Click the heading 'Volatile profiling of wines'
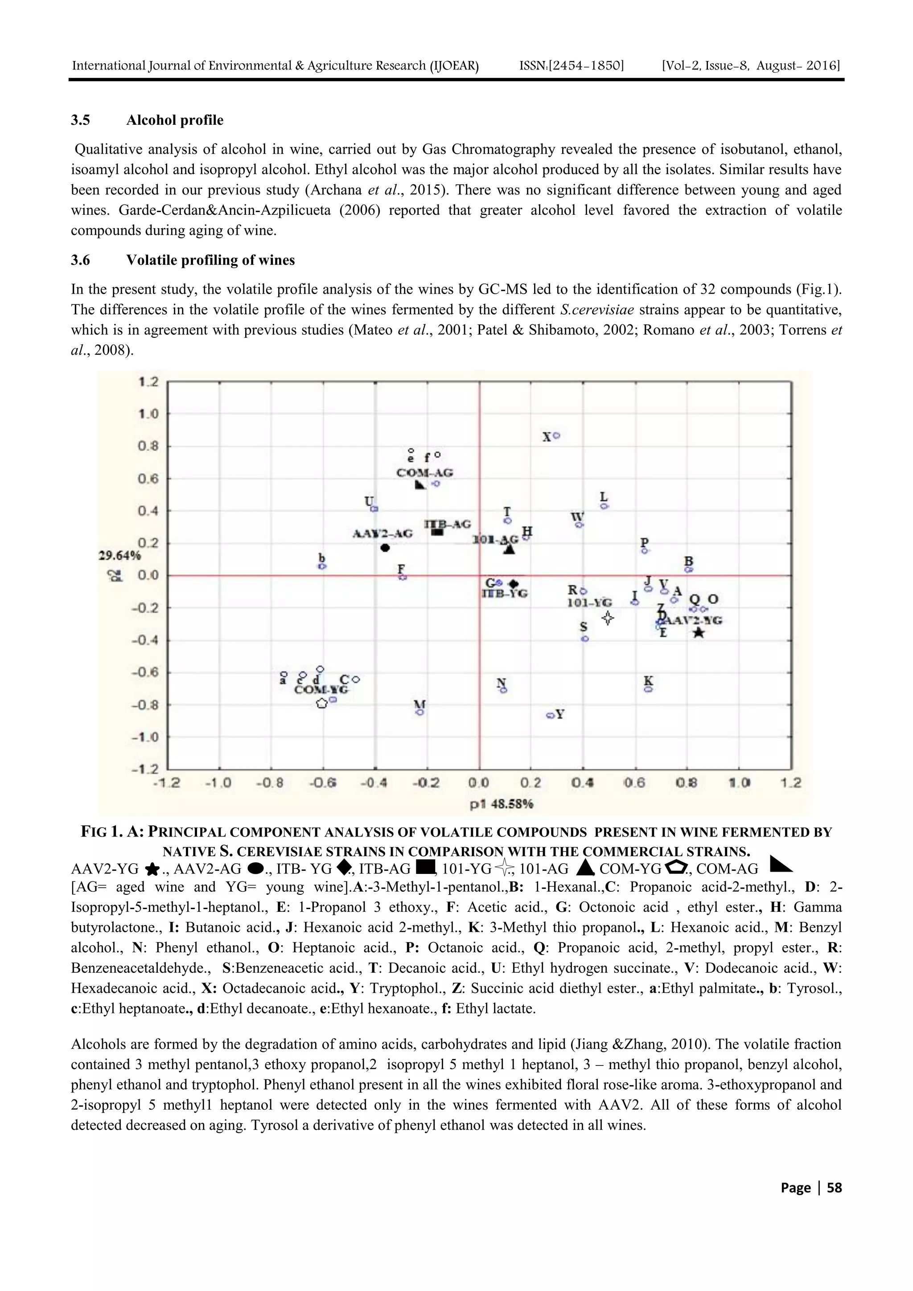tap(210, 260)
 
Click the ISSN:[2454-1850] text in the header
tap(572, 66)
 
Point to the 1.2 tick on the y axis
tap(148, 382)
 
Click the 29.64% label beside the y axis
tap(119, 556)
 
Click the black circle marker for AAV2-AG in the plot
tap(385, 548)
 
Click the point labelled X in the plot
tap(557, 436)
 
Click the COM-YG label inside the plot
tap(321, 690)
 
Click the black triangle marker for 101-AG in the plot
tap(509, 549)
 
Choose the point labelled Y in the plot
tap(550, 715)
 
